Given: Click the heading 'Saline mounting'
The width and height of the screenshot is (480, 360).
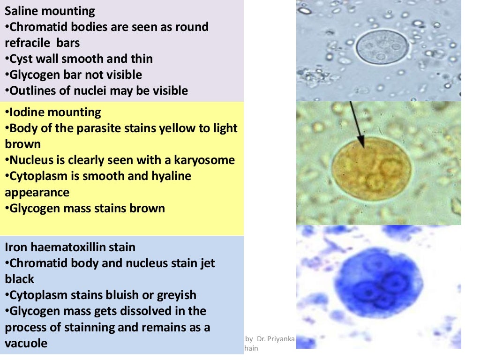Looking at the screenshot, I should tap(50, 11).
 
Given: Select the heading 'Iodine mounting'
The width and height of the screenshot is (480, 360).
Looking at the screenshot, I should tap(53, 112).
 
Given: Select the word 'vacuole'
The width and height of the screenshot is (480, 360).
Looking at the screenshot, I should tap(26, 343).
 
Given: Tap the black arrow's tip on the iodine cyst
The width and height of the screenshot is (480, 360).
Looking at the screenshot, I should tap(361, 145).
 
